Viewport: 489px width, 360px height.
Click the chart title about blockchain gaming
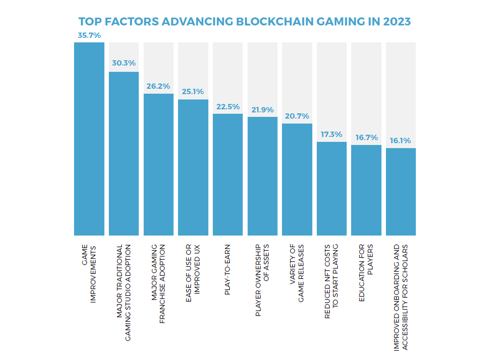244,21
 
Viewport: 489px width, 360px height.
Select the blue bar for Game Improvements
89,139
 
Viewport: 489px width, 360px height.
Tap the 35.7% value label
89,35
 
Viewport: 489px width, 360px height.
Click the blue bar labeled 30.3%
124,153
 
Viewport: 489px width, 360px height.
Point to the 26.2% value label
158,86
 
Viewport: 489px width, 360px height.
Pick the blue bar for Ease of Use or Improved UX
193,167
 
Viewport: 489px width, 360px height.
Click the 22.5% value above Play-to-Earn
228,107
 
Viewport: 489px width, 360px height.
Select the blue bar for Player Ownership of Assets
262,176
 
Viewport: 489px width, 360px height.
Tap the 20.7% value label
297,116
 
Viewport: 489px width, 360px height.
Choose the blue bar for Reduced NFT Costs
332,189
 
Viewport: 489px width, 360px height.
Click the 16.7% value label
366,137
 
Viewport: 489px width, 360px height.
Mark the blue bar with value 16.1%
401,192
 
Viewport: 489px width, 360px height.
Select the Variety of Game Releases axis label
297,273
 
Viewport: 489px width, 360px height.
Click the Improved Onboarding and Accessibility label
400,297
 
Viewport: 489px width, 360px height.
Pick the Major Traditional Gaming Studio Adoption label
124,293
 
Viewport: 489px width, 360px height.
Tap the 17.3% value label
332,134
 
